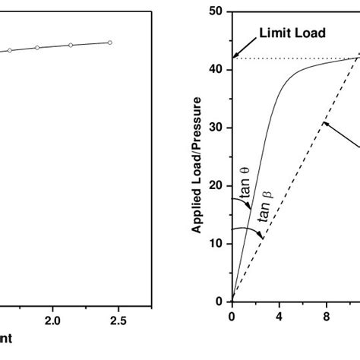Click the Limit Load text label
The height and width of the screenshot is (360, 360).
[292, 33]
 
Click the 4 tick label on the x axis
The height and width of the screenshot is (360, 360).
[279, 315]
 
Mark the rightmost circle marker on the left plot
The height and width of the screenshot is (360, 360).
[110, 43]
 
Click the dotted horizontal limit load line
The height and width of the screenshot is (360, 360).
[289, 58]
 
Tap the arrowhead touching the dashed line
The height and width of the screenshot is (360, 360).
[324, 123]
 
